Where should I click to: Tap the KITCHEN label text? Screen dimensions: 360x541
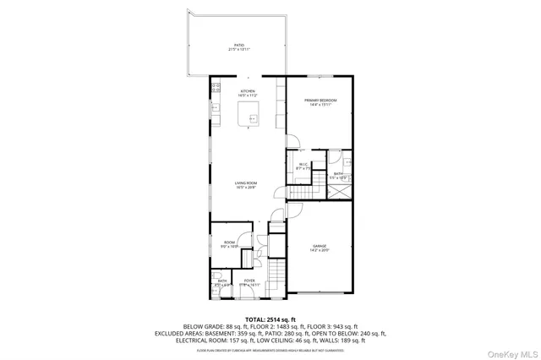248,90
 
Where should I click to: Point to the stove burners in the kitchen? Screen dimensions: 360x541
214,86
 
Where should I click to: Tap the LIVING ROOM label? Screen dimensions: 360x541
247,183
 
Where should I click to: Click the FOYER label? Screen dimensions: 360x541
249,281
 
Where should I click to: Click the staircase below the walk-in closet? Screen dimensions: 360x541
301,193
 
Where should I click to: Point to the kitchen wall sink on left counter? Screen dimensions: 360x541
214,107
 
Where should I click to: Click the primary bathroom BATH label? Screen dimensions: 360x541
338,174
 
